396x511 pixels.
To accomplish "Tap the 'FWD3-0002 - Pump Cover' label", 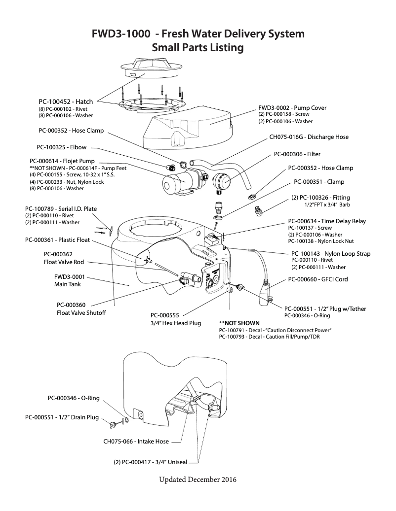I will pos(292,107).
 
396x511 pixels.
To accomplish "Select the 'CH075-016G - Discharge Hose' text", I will pos(309,137).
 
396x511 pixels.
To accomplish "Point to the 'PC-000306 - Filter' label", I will pos(297,154).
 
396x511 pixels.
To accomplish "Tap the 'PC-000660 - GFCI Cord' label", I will pos(317,279).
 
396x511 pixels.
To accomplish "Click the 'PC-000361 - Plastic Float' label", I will pos(57,239).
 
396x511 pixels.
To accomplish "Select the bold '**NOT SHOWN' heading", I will pos(239,323).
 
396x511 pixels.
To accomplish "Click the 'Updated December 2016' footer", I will pos(198,479).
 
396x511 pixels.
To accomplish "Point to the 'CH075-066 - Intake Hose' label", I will pos(136,442).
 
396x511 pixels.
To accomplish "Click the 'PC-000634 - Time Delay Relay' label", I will pos(327,221).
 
